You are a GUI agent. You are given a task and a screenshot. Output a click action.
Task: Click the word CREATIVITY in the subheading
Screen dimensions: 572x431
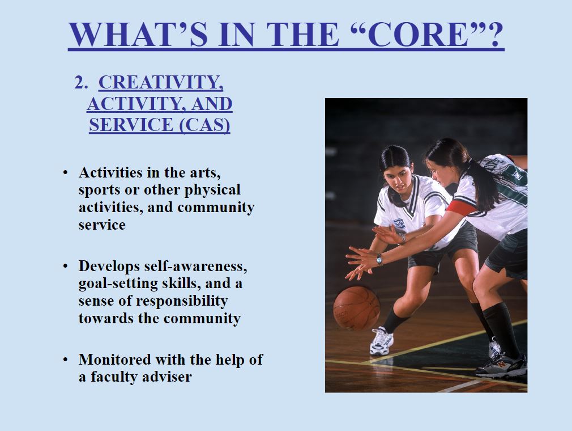coord(161,83)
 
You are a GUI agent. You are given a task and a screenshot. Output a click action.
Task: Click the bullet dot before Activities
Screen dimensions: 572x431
coord(65,172)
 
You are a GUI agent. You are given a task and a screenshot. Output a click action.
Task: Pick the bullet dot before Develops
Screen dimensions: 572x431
coord(65,266)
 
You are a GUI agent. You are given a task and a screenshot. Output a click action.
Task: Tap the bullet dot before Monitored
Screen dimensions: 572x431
coord(65,360)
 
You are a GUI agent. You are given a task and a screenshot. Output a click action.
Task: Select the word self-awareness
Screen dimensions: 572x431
coord(196,266)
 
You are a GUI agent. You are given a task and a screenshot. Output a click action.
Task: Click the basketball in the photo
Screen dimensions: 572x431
coord(356,309)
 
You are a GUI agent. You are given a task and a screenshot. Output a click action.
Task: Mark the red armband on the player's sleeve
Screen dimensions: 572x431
coord(462,208)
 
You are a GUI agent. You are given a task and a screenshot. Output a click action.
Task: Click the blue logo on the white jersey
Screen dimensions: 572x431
coord(399,223)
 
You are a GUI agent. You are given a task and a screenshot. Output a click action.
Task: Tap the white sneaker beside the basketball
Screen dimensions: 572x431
coord(382,341)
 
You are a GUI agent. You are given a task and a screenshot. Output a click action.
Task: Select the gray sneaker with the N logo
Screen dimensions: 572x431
coord(502,366)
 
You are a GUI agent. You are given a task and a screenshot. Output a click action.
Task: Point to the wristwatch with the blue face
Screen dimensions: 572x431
coord(379,260)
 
